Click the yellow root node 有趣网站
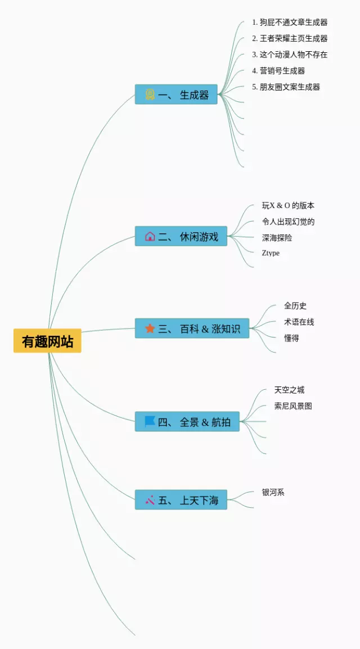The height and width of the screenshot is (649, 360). (47, 341)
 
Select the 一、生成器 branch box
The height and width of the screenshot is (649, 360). (176, 94)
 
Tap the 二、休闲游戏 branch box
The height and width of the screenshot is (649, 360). (181, 236)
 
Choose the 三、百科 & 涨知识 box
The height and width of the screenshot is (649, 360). (192, 328)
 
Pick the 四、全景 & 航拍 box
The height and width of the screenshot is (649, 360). (187, 422)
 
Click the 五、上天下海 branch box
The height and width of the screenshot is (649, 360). (181, 499)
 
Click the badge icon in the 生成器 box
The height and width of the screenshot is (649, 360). (150, 94)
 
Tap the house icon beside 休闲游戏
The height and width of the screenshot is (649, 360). (150, 236)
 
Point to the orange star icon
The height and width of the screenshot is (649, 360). (150, 328)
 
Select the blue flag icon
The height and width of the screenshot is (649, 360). (150, 421)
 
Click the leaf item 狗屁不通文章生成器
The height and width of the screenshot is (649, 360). (290, 22)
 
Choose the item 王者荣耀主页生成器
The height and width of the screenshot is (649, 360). (290, 39)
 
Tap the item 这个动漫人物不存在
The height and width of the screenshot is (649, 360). (290, 55)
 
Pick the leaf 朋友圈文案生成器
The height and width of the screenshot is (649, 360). (286, 87)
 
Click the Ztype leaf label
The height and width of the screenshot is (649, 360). (271, 253)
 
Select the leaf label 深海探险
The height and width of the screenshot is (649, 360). (277, 238)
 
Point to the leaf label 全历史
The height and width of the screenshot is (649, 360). (295, 306)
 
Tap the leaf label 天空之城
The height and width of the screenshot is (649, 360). (289, 390)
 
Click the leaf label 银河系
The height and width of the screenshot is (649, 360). (273, 493)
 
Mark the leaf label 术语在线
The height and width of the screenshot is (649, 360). (299, 322)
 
